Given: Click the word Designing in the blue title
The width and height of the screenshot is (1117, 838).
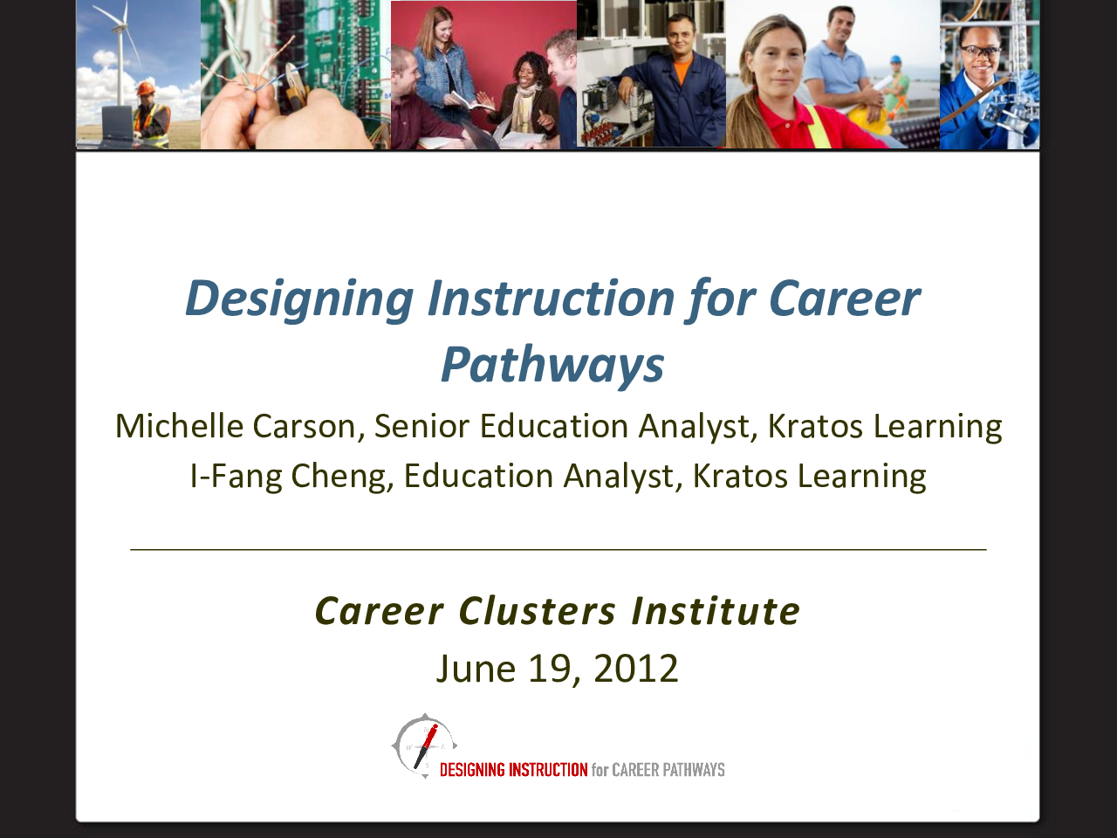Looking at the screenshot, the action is click(299, 299).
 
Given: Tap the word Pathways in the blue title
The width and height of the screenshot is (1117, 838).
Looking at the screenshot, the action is click(552, 365).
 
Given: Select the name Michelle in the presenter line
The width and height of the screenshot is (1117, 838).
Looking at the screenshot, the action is click(179, 425).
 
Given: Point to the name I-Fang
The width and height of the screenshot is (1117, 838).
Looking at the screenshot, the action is click(236, 477).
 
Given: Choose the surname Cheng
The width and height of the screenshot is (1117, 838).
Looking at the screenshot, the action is click(342, 477).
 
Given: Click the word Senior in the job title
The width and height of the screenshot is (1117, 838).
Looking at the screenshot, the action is click(421, 426).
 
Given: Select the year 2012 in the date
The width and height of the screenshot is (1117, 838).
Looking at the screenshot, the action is click(635, 668).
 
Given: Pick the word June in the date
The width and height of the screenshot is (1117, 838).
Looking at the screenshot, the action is click(476, 668).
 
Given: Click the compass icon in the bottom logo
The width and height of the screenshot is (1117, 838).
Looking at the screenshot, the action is click(424, 745).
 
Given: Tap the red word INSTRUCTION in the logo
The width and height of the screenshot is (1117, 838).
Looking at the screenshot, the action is click(549, 770).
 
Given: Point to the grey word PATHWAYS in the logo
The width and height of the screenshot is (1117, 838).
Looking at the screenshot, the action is click(694, 770).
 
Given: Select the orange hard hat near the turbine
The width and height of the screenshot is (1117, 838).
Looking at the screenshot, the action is click(146, 87).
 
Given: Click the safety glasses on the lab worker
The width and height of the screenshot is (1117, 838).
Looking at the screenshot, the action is click(980, 52).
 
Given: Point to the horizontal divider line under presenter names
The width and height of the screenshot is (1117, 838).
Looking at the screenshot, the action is click(558, 550).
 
